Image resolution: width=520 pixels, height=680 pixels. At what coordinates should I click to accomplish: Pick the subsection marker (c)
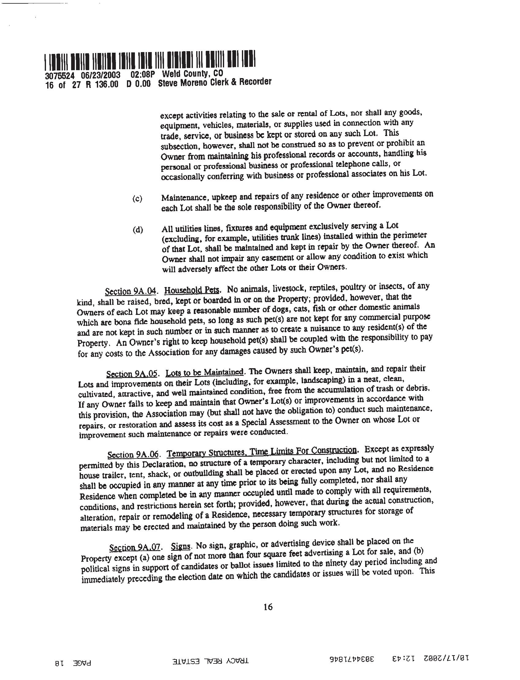click(x=137, y=198)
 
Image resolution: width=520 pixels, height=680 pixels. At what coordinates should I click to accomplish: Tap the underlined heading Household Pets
click(x=192, y=291)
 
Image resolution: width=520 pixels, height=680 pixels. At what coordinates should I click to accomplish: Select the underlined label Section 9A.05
click(x=132, y=374)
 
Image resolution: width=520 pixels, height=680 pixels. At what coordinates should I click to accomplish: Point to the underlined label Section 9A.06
click(x=133, y=455)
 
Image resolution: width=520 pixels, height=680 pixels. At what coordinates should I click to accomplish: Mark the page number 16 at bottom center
click(x=268, y=615)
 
